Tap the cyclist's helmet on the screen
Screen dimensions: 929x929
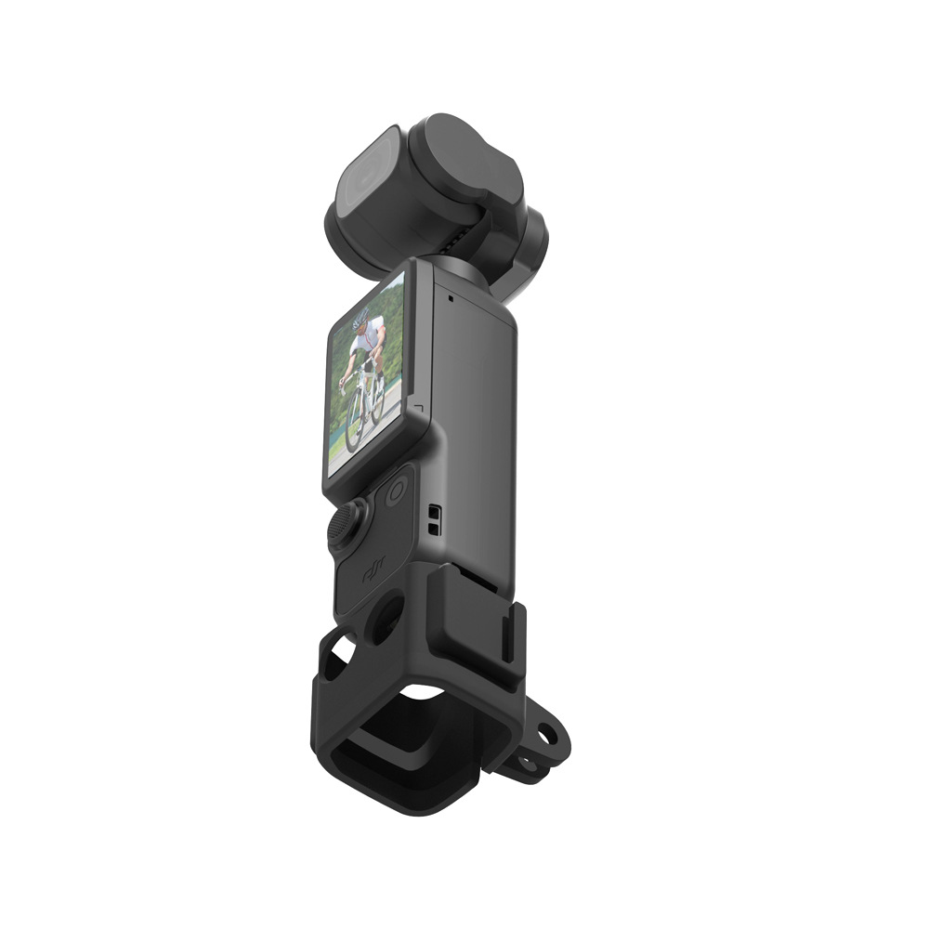pyautogui.click(x=360, y=319)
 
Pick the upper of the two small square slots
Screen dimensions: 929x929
pyautogui.click(x=433, y=512)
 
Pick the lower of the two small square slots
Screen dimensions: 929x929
pyautogui.click(x=433, y=527)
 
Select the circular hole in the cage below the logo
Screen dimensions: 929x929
pyautogui.click(x=386, y=617)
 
